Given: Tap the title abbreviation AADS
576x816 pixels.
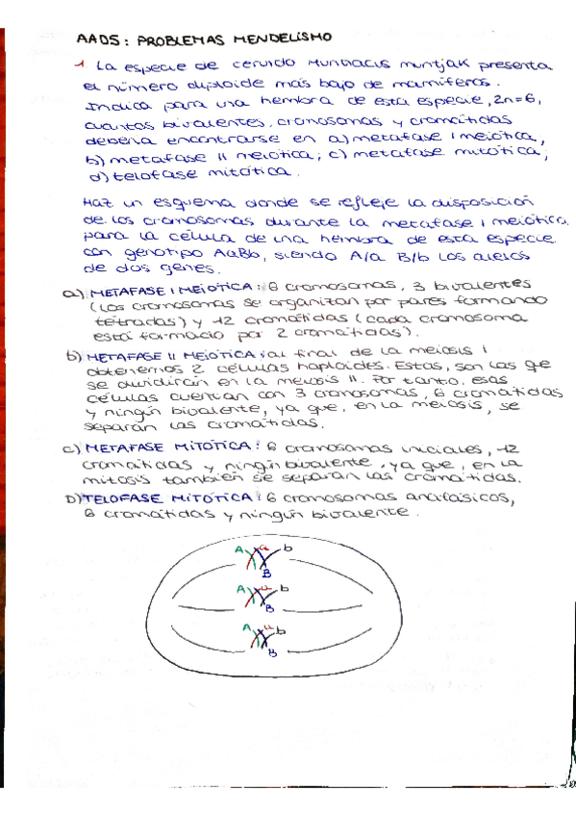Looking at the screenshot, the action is (93, 40).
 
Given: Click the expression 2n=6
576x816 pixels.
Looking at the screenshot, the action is (520, 99).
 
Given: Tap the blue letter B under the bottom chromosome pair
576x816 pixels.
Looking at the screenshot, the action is (275, 654).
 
